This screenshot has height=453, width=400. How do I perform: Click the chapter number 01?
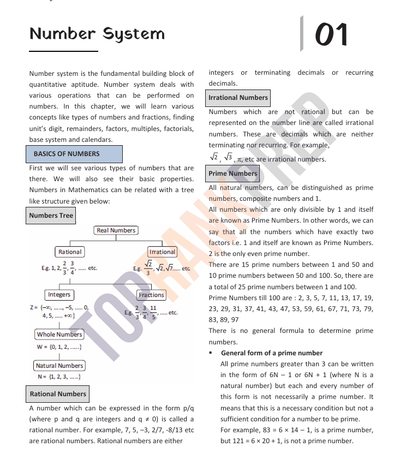331,34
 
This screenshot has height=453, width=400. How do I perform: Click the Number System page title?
97,34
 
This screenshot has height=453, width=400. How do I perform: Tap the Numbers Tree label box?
51,216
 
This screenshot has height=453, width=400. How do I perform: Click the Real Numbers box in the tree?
116,231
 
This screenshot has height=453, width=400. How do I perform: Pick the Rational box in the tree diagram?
70,252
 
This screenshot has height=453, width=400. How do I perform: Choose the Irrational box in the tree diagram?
162,252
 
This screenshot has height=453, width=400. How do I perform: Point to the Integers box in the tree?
59,295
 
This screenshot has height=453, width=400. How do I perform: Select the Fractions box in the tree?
151,295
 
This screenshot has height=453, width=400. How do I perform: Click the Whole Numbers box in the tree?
59,335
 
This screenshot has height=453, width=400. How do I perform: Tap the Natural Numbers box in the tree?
59,366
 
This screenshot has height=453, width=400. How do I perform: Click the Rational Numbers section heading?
58,394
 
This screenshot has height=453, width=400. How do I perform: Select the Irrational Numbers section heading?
238,98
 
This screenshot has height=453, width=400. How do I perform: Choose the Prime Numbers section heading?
233,174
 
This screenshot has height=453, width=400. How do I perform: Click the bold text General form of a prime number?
272,353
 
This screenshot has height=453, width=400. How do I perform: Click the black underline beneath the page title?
63,51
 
